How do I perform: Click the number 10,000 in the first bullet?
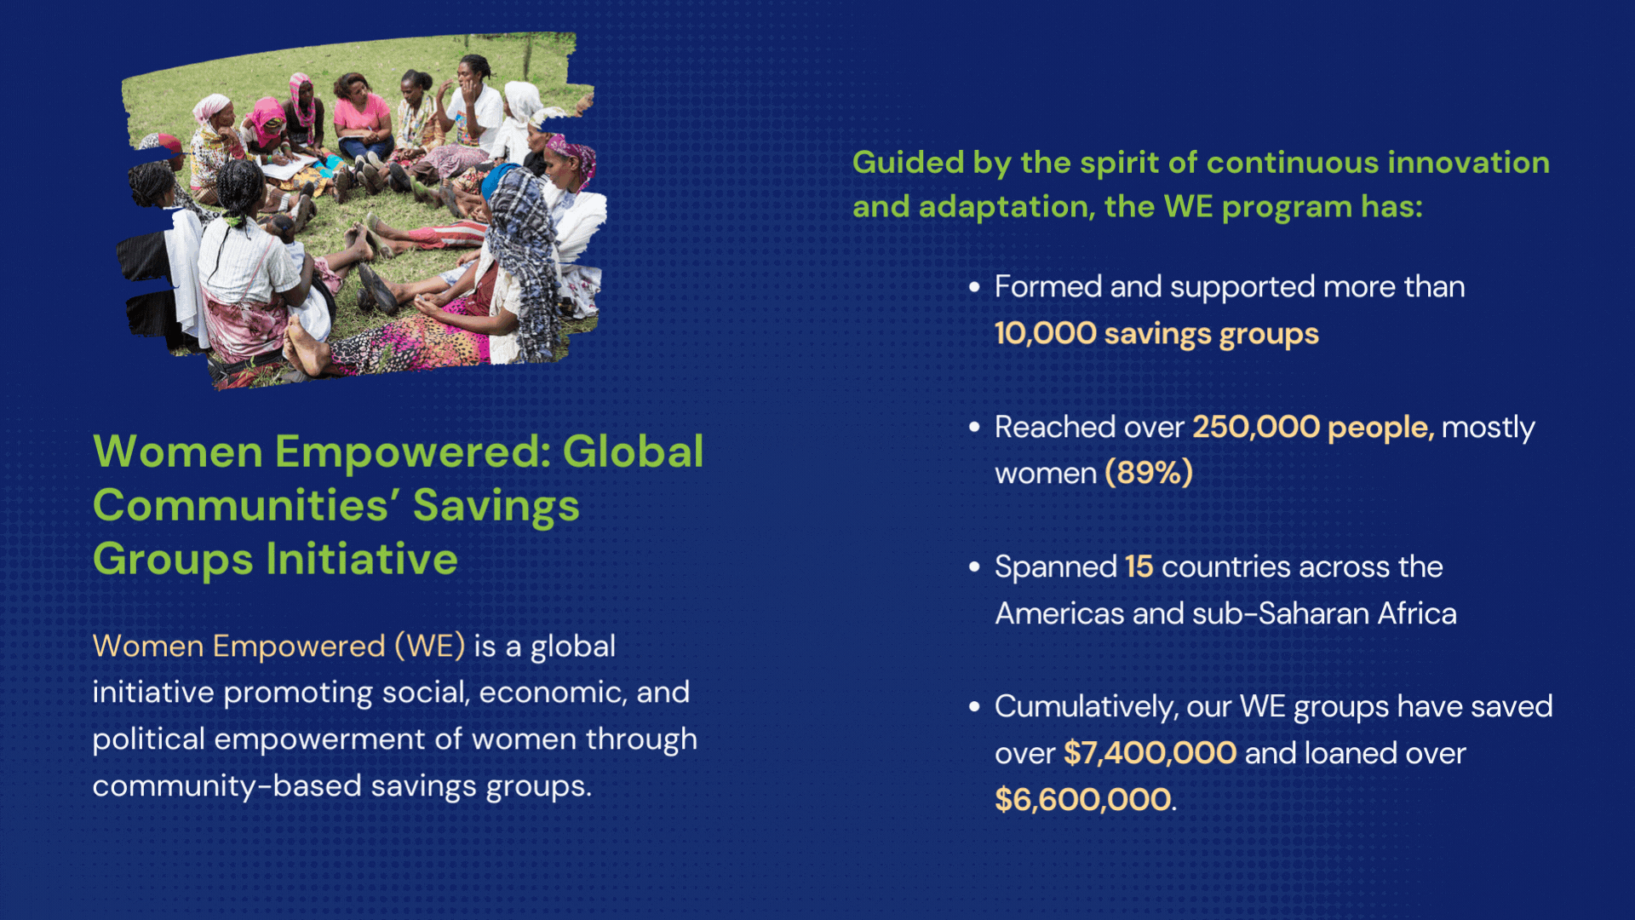click(1046, 334)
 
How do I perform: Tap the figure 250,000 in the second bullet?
click(1256, 427)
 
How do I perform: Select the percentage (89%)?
click(1149, 473)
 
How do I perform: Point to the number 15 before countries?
click(1139, 566)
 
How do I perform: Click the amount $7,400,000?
click(1150, 753)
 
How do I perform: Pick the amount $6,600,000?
click(1082, 800)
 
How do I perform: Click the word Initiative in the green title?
click(362, 559)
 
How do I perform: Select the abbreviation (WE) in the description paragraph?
click(430, 646)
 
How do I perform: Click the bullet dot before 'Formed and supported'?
click(974, 288)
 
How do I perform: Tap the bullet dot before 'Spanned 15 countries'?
click(974, 567)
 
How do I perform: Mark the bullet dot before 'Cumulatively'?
click(974, 707)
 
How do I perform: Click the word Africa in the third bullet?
click(1417, 613)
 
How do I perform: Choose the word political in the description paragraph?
click(148, 739)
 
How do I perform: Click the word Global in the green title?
click(633, 451)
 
